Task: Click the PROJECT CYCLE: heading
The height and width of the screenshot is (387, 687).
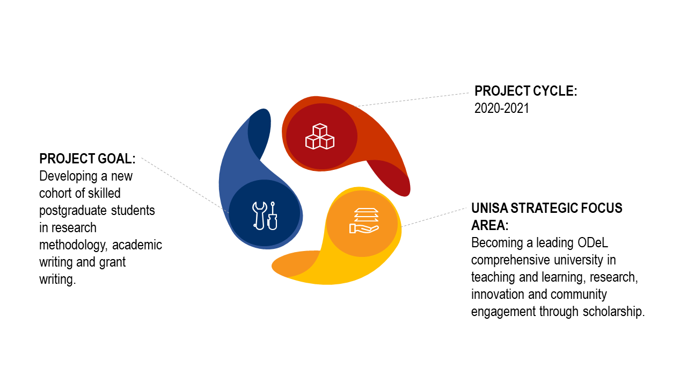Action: pyautogui.click(x=525, y=91)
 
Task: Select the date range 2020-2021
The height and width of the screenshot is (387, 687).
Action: pyautogui.click(x=502, y=109)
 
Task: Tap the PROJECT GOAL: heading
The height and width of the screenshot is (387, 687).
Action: pyautogui.click(x=87, y=159)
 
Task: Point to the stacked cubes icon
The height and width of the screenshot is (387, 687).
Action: pyautogui.click(x=320, y=137)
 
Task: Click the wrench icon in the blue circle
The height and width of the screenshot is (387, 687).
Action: pyautogui.click(x=259, y=216)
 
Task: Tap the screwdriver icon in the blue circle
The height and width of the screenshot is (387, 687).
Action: pyautogui.click(x=273, y=216)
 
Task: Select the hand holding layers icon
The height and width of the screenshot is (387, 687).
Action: pyautogui.click(x=364, y=220)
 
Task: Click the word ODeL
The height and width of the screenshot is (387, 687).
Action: pyautogui.click(x=593, y=243)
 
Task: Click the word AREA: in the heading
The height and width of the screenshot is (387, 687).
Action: pyautogui.click(x=490, y=225)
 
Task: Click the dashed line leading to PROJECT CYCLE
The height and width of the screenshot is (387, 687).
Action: pyautogui.click(x=412, y=99)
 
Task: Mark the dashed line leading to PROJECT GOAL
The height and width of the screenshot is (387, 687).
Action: pyautogui.click(x=185, y=185)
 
